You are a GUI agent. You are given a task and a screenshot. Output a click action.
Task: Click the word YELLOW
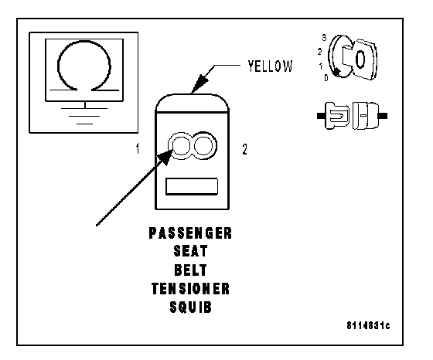[270, 66]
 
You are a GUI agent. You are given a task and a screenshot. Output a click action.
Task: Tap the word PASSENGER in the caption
[190, 233]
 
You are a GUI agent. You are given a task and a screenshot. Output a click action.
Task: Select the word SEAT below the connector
[190, 251]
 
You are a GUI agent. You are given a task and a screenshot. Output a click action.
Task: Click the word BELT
[190, 270]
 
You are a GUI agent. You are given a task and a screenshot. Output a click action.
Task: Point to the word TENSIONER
[190, 289]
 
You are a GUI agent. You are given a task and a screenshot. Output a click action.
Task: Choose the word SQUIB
[190, 307]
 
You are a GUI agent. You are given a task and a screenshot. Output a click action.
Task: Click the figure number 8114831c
[368, 326]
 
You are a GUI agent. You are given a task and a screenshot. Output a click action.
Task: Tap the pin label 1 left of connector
[138, 148]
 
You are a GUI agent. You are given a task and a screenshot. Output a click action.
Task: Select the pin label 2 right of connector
[244, 149]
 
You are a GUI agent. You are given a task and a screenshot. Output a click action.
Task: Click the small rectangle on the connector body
[192, 186]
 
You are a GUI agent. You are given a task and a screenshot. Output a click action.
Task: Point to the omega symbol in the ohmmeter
[84, 42]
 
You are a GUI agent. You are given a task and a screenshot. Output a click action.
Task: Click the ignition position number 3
[324, 38]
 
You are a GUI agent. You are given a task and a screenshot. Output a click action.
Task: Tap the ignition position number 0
[326, 78]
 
